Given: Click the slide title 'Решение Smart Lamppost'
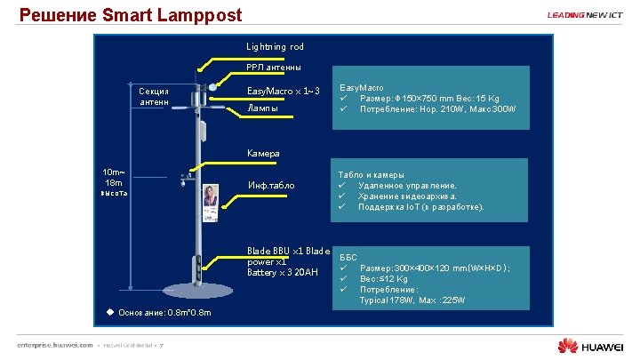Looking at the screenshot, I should point(130,15).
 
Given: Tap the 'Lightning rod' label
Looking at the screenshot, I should point(275,46).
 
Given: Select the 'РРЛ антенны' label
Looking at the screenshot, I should point(273,68).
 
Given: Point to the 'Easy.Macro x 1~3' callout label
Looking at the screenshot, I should point(283,91).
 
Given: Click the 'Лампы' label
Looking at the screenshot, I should point(262,108).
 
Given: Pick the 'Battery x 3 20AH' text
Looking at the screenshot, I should point(282,272).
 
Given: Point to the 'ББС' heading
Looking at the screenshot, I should point(348,258).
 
